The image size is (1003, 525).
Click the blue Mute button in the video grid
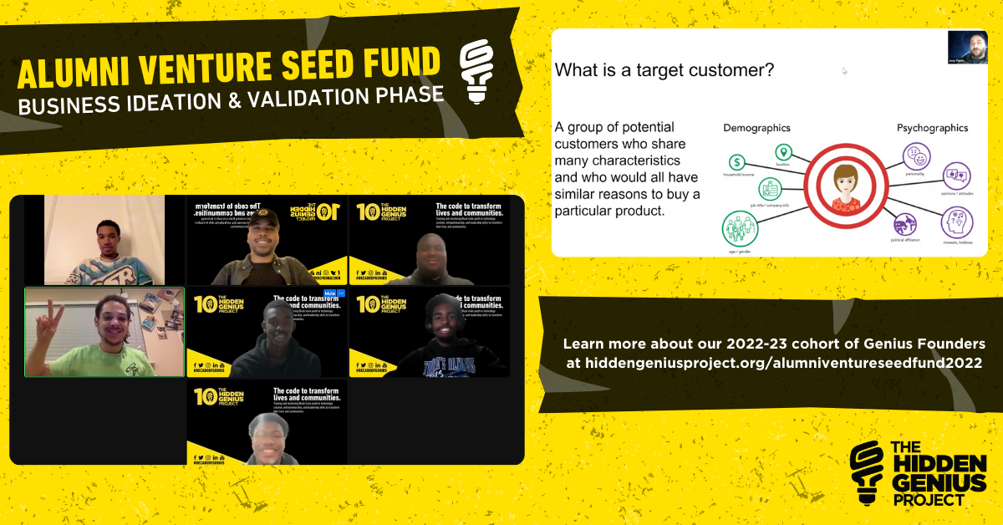(x=329, y=293)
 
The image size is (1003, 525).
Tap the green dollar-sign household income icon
(x=736, y=162)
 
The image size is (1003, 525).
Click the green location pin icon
(x=782, y=152)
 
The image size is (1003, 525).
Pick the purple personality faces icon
(x=916, y=156)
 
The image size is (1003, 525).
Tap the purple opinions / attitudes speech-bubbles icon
(x=956, y=176)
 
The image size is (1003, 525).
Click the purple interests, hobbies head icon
(x=956, y=222)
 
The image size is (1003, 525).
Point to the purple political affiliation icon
(x=905, y=223)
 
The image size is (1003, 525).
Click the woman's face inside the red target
(x=843, y=183)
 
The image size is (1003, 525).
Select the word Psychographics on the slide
(x=932, y=128)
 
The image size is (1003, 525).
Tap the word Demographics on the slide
(x=756, y=128)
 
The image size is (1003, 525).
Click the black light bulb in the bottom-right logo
(x=868, y=471)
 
